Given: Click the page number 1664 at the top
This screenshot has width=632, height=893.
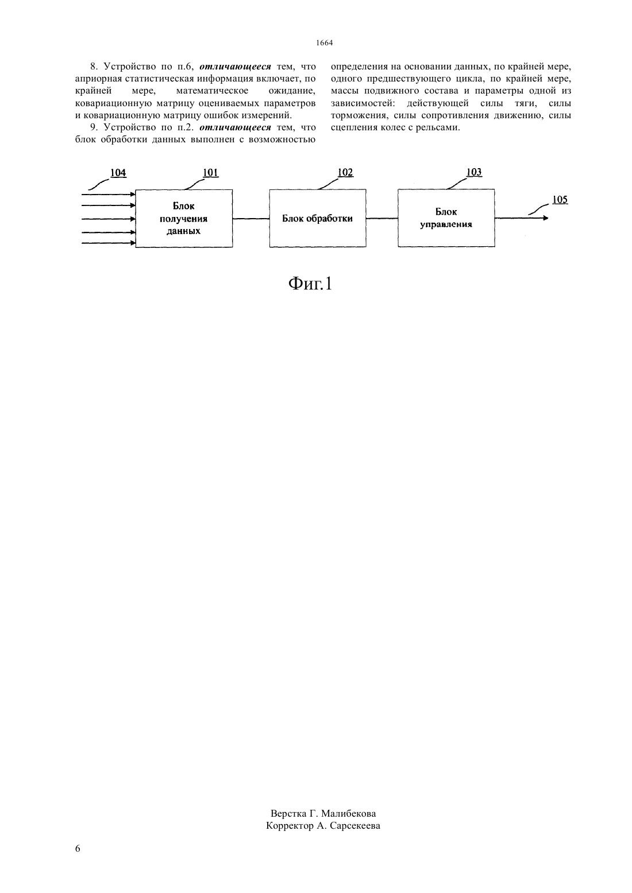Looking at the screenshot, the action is tap(324, 43).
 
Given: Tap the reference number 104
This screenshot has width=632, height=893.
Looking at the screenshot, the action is tap(118, 173).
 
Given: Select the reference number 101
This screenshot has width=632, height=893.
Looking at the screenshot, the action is tap(211, 173).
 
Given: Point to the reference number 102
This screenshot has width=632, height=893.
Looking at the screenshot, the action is tap(345, 172).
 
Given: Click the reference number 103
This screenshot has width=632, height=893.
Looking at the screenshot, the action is tap(474, 172).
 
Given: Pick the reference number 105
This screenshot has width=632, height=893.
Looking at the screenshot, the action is tap(560, 200).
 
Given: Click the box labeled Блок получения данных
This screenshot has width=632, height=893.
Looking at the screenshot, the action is tap(184, 219).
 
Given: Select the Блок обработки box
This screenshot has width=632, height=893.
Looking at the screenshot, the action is tap(318, 219).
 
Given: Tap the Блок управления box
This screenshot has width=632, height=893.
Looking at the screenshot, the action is tap(446, 218).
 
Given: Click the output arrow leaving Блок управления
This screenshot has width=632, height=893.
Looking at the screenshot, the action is tap(522, 218).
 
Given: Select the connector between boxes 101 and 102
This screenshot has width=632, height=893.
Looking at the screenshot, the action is tap(251, 219).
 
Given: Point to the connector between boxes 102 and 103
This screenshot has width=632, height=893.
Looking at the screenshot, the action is tap(382, 219).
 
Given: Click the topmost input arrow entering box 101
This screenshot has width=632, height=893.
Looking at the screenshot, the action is tap(109, 195).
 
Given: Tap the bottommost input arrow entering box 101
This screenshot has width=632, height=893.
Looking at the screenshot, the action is tap(109, 243).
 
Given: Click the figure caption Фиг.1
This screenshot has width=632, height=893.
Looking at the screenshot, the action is tap(310, 284).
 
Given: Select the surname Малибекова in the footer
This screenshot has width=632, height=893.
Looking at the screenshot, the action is tap(348, 813).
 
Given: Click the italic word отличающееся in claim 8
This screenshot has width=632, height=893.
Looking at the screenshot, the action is tap(235, 67).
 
